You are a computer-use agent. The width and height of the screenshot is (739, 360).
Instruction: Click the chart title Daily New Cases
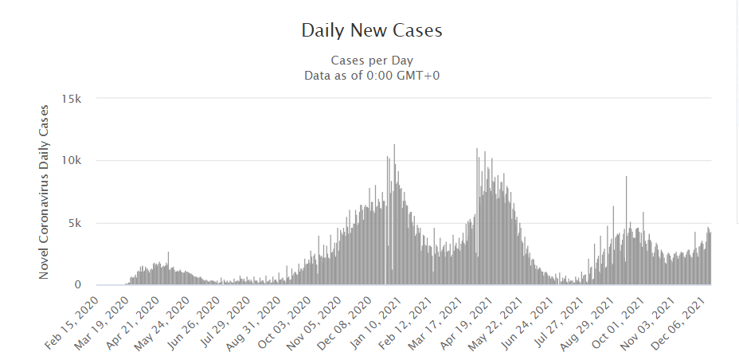point(371,31)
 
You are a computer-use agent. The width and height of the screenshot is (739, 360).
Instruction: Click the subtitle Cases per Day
point(371,61)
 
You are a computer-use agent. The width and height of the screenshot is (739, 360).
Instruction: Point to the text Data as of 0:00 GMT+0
point(371,76)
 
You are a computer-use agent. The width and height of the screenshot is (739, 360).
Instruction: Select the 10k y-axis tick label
point(72,161)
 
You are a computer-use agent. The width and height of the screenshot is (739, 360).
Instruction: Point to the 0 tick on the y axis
point(79,284)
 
